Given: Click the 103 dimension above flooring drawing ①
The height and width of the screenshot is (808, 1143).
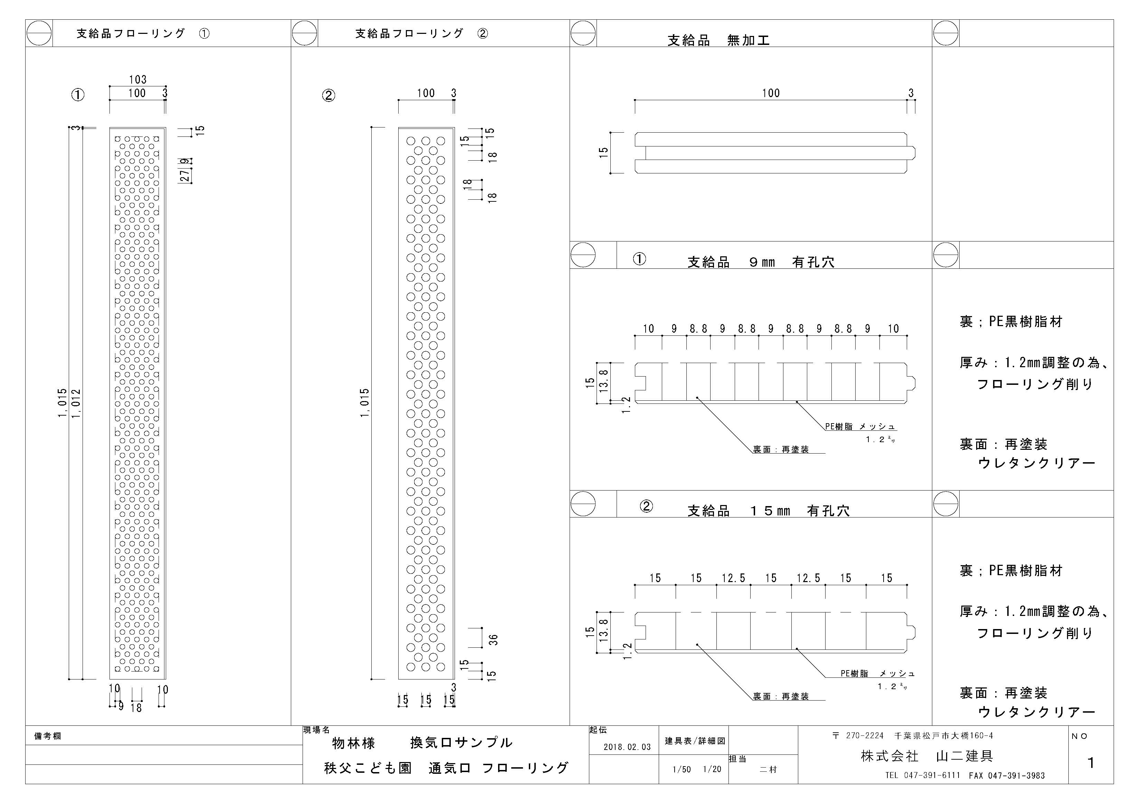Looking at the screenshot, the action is click(x=138, y=80).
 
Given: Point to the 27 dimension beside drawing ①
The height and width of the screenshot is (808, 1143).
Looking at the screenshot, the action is click(x=185, y=176).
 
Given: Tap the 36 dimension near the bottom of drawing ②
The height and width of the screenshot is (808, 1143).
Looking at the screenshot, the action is click(x=493, y=639).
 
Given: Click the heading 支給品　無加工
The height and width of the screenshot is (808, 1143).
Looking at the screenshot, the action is click(x=718, y=40).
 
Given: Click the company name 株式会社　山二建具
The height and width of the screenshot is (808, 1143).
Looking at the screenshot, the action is click(x=927, y=756).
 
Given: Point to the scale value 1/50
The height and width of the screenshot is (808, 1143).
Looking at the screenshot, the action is click(x=682, y=769).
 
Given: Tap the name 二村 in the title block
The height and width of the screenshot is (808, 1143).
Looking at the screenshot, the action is click(x=768, y=769).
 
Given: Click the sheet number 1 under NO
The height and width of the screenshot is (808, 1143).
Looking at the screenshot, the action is click(x=1091, y=763).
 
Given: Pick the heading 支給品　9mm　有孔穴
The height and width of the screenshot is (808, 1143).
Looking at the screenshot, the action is click(x=761, y=262).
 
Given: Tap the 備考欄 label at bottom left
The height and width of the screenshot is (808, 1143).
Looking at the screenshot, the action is click(x=48, y=736).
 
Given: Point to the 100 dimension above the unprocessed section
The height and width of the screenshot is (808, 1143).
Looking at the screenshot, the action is click(x=771, y=93).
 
